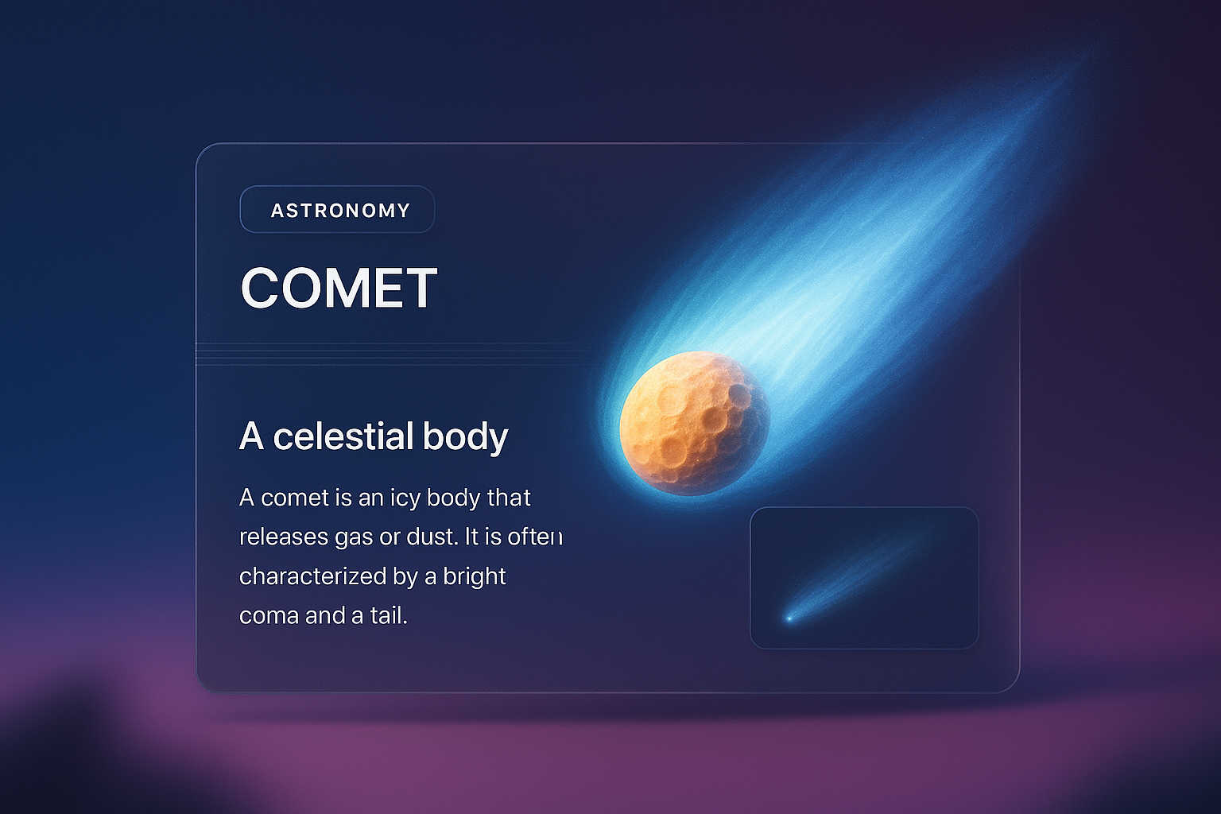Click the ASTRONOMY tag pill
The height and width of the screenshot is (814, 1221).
[337, 209]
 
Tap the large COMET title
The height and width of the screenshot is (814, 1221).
[339, 287]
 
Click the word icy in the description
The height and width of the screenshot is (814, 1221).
[405, 498]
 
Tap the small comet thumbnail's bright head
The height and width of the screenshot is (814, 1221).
[789, 618]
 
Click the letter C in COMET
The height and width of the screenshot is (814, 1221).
[258, 287]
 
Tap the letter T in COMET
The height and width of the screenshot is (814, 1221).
[420, 287]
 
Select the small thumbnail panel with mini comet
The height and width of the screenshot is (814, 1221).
[864, 578]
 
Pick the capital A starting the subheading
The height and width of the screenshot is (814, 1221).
[252, 436]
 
